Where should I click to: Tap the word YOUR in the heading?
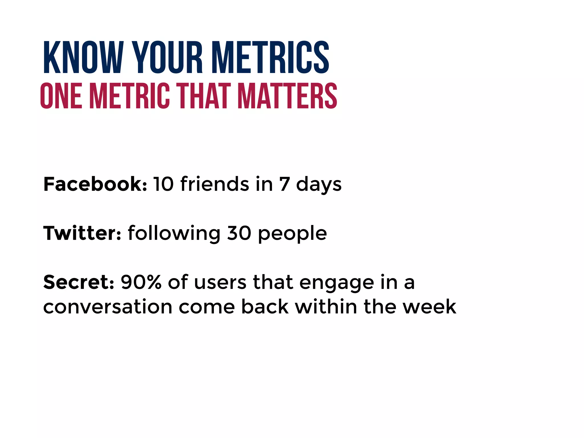(x=168, y=57)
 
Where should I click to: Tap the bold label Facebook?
(x=95, y=184)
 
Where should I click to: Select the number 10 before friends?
(x=163, y=184)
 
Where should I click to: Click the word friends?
(x=215, y=184)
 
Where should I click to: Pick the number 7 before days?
(x=284, y=184)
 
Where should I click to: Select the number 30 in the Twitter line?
(x=239, y=233)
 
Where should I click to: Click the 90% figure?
(x=141, y=282)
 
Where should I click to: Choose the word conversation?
(x=108, y=307)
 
